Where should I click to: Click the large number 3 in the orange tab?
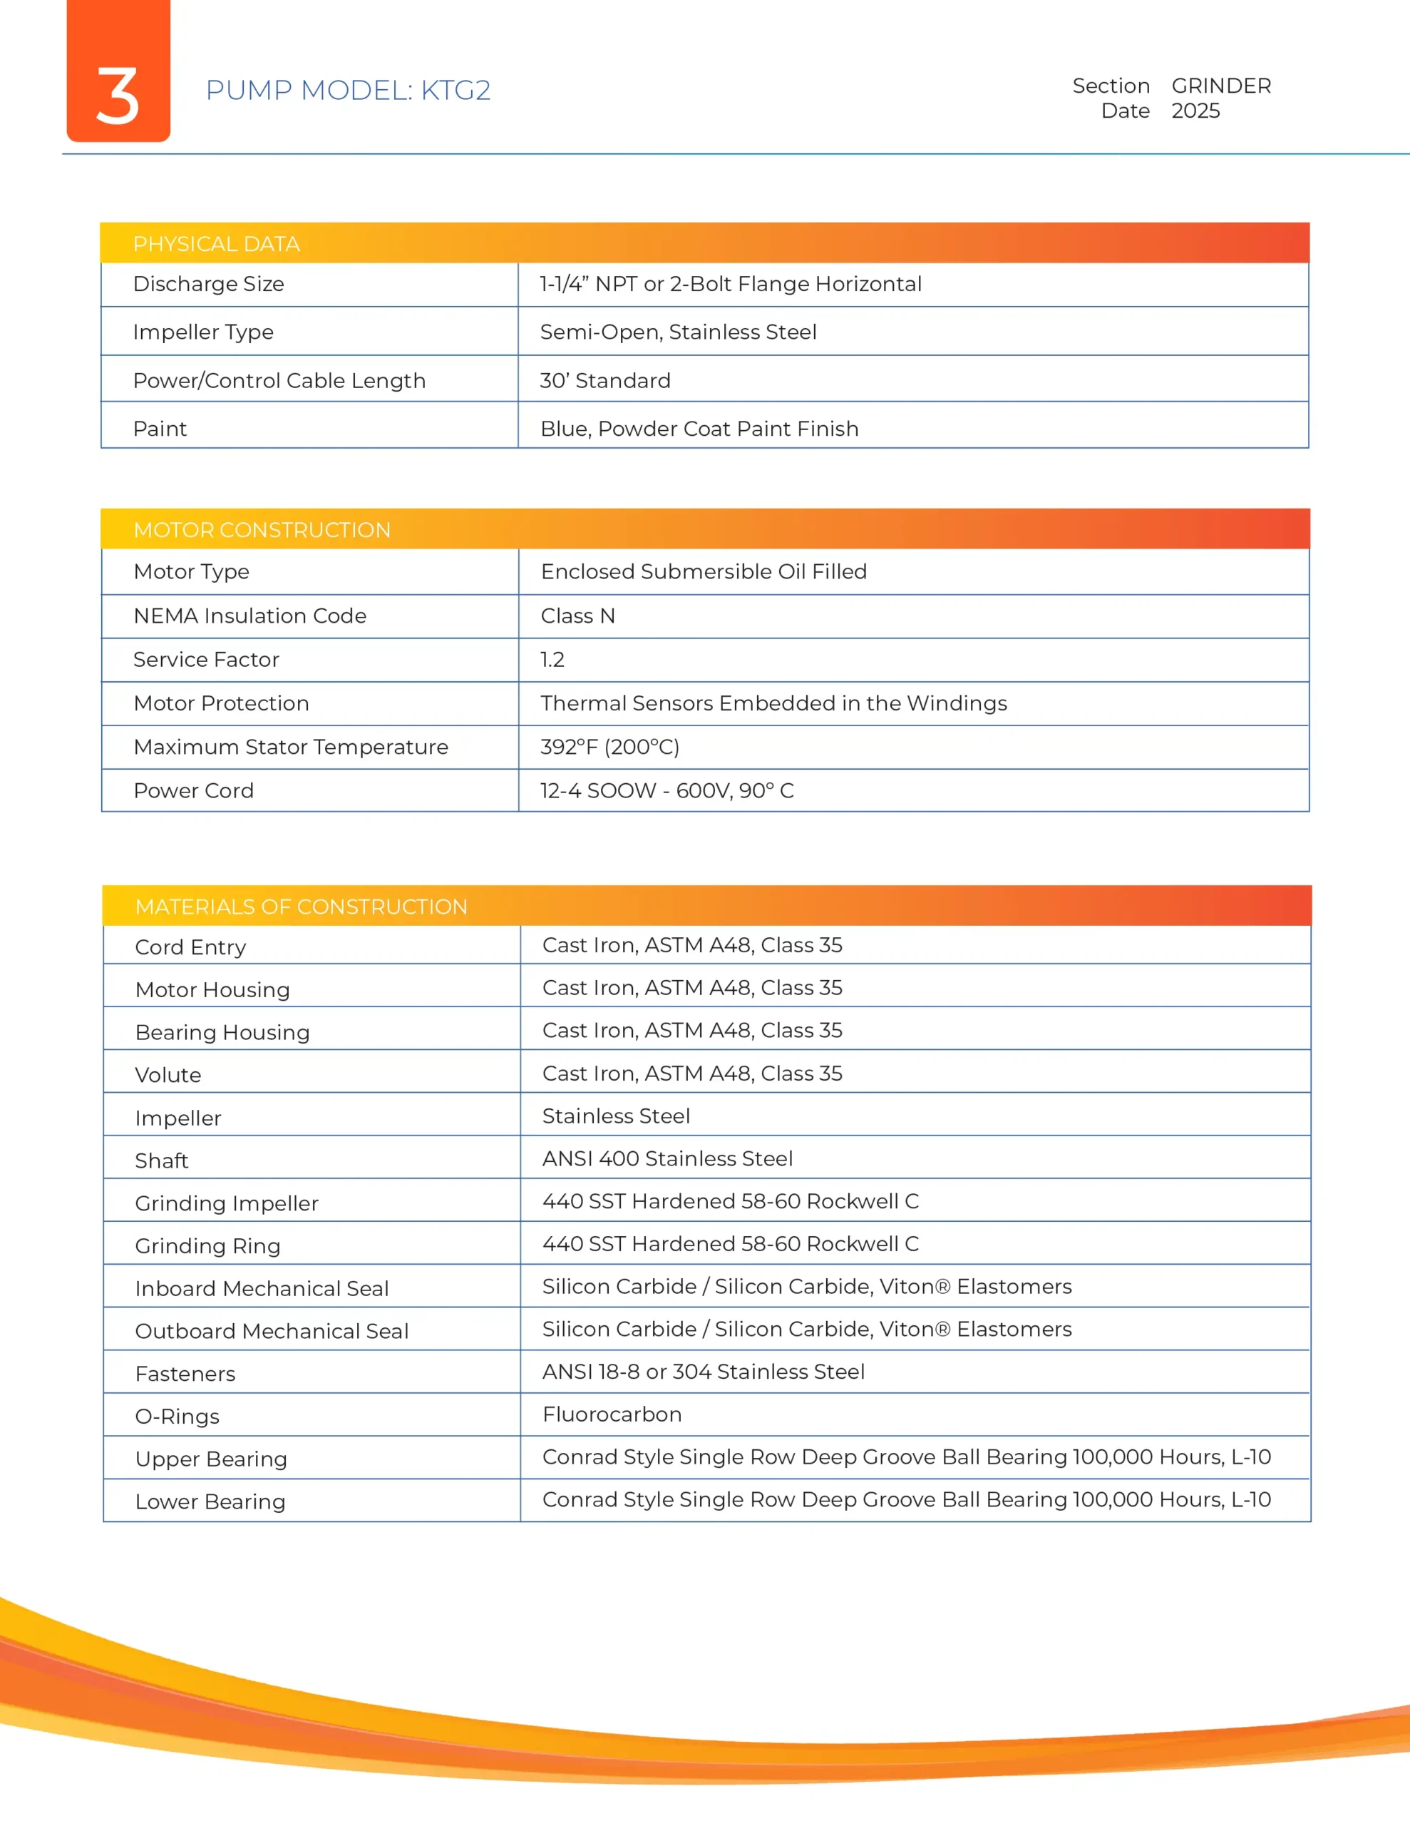point(118,96)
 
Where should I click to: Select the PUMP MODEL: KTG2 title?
point(348,91)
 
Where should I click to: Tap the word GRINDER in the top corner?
point(1220,86)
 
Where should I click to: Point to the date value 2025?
point(1195,111)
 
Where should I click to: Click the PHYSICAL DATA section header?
point(217,244)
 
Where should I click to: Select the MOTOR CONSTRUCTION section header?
point(262,530)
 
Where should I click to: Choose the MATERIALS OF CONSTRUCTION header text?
point(301,907)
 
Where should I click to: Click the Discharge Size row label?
point(209,285)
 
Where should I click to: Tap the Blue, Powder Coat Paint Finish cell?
point(699,429)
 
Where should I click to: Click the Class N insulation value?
point(577,616)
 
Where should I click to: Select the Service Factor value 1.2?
point(552,660)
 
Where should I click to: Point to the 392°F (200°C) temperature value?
point(609,747)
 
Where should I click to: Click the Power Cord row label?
point(193,791)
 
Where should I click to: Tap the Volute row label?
point(168,1075)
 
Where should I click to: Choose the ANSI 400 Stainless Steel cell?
point(667,1159)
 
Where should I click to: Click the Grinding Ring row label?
point(207,1246)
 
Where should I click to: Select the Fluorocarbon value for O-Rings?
point(612,1414)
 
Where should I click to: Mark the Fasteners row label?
point(185,1374)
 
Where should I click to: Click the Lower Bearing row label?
point(210,1501)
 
